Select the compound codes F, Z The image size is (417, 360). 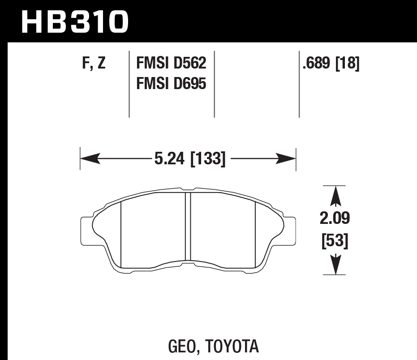[x=94, y=64]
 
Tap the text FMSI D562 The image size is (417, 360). [x=171, y=64]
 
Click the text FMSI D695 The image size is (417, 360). [x=171, y=83]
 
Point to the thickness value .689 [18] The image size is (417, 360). [x=331, y=64]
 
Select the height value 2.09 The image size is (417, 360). [x=335, y=219]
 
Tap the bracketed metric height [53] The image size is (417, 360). [x=335, y=241]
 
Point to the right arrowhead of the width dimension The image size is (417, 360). [x=287, y=158]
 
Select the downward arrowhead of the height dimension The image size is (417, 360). [x=335, y=265]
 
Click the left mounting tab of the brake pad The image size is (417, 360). [x=86, y=231]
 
